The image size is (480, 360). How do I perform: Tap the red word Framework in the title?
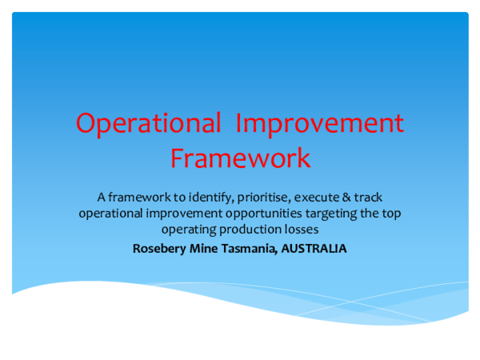(x=240, y=158)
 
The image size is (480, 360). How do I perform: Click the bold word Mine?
(x=203, y=248)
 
